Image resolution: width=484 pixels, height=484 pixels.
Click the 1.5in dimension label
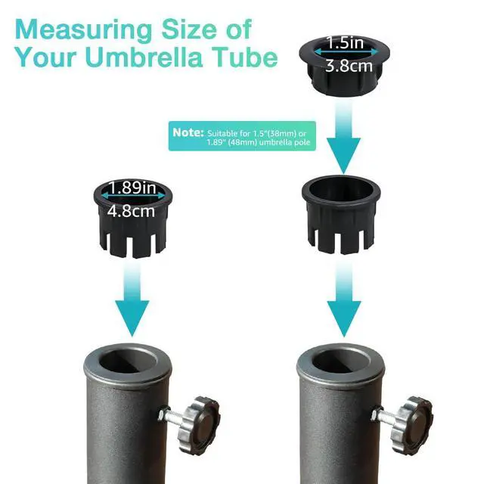point(345,42)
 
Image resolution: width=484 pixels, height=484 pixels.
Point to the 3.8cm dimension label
point(349,66)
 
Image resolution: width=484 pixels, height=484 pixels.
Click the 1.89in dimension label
point(132,188)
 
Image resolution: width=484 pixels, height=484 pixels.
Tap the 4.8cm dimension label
point(131,212)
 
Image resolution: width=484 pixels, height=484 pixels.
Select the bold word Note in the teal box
point(188,132)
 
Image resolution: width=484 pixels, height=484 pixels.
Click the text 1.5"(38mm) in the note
point(275,134)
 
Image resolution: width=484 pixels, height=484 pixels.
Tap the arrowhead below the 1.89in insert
point(132,318)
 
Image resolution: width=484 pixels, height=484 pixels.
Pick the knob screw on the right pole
point(411,425)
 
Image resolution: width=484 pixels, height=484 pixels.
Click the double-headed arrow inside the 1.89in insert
point(133,196)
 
